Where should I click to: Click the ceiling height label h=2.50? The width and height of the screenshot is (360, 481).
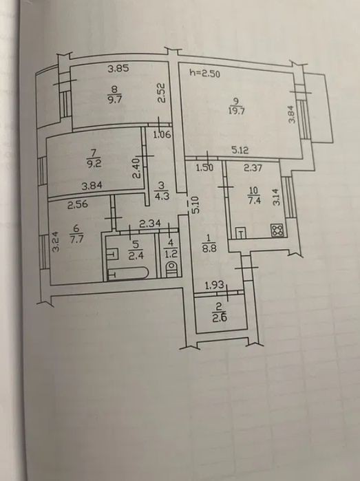click(204, 73)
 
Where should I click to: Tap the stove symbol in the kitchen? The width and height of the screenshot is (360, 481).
click(277, 231)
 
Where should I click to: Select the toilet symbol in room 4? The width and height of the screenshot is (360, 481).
click(171, 269)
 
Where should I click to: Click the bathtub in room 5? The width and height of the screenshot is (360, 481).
click(127, 273)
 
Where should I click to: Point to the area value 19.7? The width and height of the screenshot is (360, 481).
click(236, 110)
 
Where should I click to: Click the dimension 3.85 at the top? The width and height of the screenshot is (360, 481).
click(118, 68)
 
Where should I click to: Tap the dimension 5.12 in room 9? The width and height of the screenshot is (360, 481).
click(240, 150)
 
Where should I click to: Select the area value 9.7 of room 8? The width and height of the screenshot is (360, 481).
click(114, 100)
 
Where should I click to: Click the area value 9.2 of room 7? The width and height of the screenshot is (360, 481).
click(94, 163)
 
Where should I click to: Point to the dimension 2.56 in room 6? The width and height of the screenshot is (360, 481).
click(77, 204)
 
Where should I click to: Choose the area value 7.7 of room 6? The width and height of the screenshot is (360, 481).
click(76, 239)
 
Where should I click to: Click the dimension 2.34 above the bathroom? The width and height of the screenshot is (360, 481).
click(150, 224)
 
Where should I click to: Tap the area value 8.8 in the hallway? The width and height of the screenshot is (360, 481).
click(209, 248)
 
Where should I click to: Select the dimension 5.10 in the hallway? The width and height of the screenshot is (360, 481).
click(196, 204)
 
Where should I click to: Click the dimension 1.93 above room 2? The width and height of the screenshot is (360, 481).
click(214, 286)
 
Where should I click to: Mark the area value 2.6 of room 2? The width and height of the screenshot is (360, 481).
click(220, 318)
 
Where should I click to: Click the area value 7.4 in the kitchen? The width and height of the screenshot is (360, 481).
click(253, 201)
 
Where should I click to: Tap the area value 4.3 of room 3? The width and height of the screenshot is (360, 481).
click(162, 195)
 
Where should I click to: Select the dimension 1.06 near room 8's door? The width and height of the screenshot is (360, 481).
click(162, 134)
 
